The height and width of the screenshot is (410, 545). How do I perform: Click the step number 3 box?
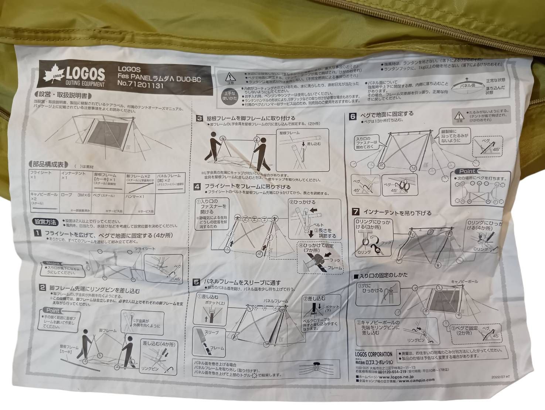pyautogui.click(x=200, y=118)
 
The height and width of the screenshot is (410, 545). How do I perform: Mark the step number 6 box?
pyautogui.click(x=353, y=116)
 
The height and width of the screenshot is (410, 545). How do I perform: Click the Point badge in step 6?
pyautogui.click(x=467, y=172)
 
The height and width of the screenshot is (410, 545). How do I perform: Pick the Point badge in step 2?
pyautogui.click(x=53, y=311)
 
